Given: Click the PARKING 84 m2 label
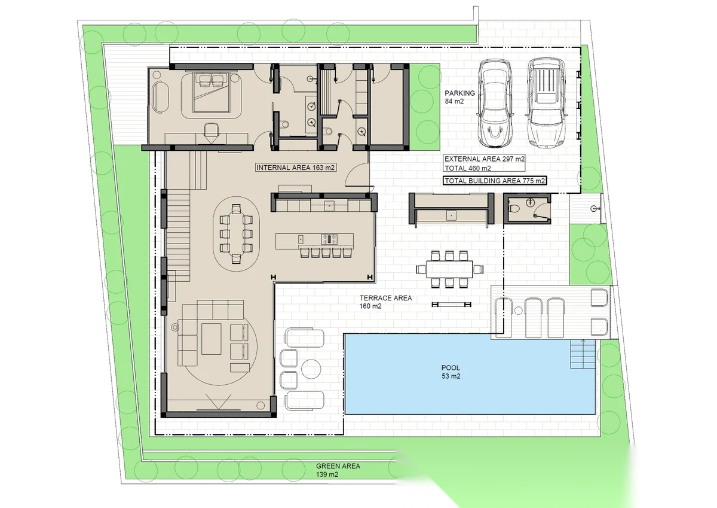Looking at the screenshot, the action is [x=459, y=97].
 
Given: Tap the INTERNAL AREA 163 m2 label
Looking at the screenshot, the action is [x=295, y=168].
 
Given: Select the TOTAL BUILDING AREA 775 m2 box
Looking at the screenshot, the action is [x=495, y=181].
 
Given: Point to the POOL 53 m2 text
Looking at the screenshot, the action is [x=451, y=372].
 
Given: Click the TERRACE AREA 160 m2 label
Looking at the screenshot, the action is [x=385, y=302].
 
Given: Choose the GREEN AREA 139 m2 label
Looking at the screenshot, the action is [x=338, y=470].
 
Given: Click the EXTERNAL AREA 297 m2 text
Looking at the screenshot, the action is [x=485, y=159].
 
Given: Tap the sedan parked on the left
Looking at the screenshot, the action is [x=495, y=103].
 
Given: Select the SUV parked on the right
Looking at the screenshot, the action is [x=547, y=102].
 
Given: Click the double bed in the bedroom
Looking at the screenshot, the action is [x=212, y=92].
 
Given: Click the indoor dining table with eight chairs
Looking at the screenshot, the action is [x=236, y=233].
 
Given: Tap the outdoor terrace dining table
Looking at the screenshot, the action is [x=449, y=269].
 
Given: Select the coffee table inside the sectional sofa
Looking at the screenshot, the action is [x=212, y=339].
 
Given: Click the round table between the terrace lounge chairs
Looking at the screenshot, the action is [x=311, y=369].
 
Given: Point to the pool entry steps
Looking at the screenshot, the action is [x=583, y=354].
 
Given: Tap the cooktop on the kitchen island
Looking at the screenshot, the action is [x=329, y=239].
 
